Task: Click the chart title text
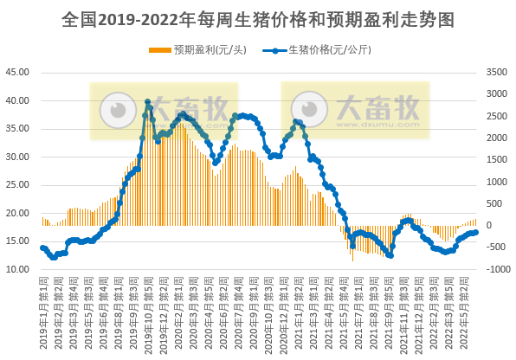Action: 258,20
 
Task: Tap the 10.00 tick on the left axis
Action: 18,269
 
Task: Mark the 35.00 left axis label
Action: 18,129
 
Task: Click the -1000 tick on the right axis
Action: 497,269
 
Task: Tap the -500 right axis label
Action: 498,247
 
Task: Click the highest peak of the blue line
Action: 148,102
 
